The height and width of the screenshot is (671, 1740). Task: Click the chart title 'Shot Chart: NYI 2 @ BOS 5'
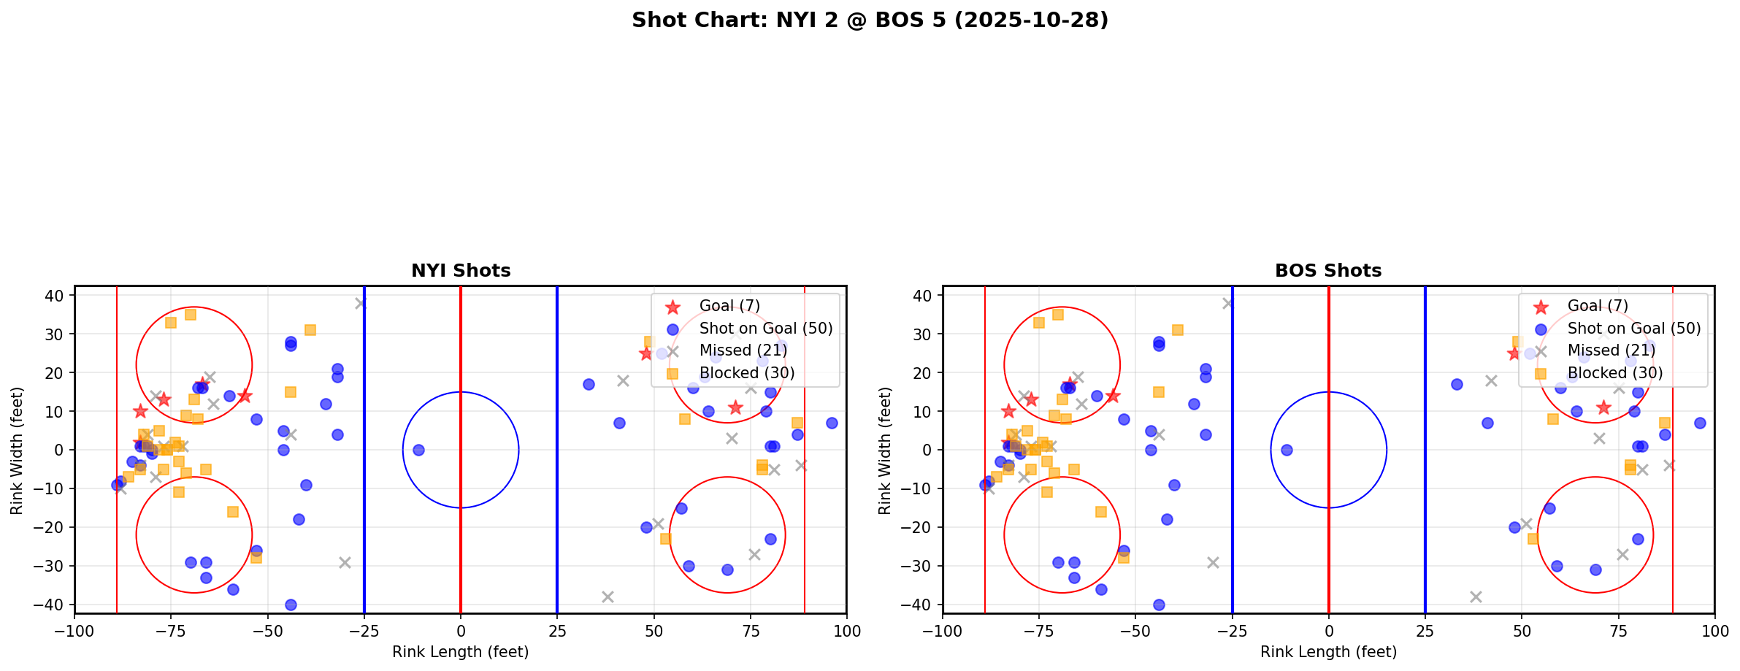(x=870, y=20)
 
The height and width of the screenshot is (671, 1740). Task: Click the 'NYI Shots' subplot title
(x=461, y=271)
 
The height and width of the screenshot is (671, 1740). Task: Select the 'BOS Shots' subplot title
(x=1328, y=271)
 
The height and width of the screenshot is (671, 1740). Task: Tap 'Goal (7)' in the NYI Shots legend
(x=729, y=306)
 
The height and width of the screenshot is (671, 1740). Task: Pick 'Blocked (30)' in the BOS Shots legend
(x=1615, y=373)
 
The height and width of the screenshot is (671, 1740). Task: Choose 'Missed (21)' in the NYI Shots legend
(x=743, y=350)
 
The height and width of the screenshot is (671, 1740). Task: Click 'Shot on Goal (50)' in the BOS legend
(x=1634, y=329)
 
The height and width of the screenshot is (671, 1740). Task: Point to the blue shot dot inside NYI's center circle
(x=418, y=450)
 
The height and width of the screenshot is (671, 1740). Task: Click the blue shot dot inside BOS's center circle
(x=1287, y=450)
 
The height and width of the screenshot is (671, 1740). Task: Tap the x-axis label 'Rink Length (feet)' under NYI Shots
(x=461, y=652)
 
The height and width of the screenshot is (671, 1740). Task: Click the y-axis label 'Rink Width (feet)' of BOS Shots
(x=885, y=450)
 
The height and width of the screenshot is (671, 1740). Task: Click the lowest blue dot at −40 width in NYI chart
(x=291, y=605)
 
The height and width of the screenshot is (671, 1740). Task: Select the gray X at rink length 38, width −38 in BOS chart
(x=1476, y=597)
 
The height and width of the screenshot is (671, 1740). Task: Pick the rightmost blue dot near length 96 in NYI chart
(x=832, y=423)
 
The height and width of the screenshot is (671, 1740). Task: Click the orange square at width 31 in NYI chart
(x=310, y=330)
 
